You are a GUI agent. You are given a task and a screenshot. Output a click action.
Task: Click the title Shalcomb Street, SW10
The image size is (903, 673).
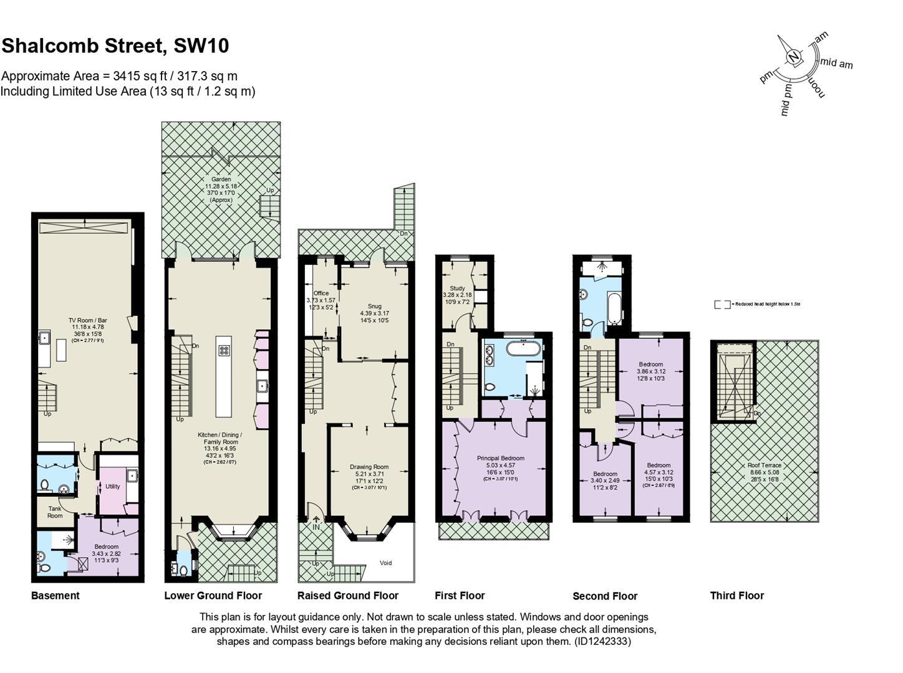click(x=115, y=45)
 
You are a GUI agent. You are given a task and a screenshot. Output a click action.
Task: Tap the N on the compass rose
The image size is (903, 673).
click(x=793, y=57)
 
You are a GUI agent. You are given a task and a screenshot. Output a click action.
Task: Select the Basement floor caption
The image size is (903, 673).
click(x=56, y=595)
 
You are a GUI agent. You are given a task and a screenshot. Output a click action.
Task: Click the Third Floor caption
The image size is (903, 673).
click(x=736, y=595)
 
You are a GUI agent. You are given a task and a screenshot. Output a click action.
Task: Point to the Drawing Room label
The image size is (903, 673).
click(x=369, y=467)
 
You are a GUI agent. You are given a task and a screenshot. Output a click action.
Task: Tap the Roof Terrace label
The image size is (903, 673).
click(x=764, y=465)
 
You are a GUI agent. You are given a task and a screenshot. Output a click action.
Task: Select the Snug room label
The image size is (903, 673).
click(x=374, y=306)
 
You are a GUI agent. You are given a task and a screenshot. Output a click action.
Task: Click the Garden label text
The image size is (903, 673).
click(x=221, y=179)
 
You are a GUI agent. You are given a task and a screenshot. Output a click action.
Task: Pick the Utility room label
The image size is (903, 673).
click(x=112, y=486)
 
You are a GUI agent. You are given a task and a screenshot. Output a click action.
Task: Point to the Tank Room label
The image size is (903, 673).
click(x=55, y=512)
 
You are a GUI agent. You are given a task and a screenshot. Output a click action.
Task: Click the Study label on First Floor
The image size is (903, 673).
click(x=457, y=289)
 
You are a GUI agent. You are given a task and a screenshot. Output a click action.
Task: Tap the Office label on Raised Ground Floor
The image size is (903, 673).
click(x=321, y=293)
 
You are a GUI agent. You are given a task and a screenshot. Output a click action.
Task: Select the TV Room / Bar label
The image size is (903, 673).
click(x=87, y=320)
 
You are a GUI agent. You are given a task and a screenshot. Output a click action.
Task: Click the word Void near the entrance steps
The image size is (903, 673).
click(x=386, y=563)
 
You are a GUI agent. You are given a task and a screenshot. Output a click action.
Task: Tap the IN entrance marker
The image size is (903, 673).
click(x=316, y=527)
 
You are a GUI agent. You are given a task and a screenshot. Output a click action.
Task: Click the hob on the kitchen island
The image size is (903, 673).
click(x=224, y=350)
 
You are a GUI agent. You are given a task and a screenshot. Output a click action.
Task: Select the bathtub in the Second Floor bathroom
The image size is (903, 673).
click(x=614, y=308)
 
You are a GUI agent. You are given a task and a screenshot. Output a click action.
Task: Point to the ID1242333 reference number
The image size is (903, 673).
click(x=602, y=641)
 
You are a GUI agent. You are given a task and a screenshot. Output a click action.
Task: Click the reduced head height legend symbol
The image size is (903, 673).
click(x=722, y=305)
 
